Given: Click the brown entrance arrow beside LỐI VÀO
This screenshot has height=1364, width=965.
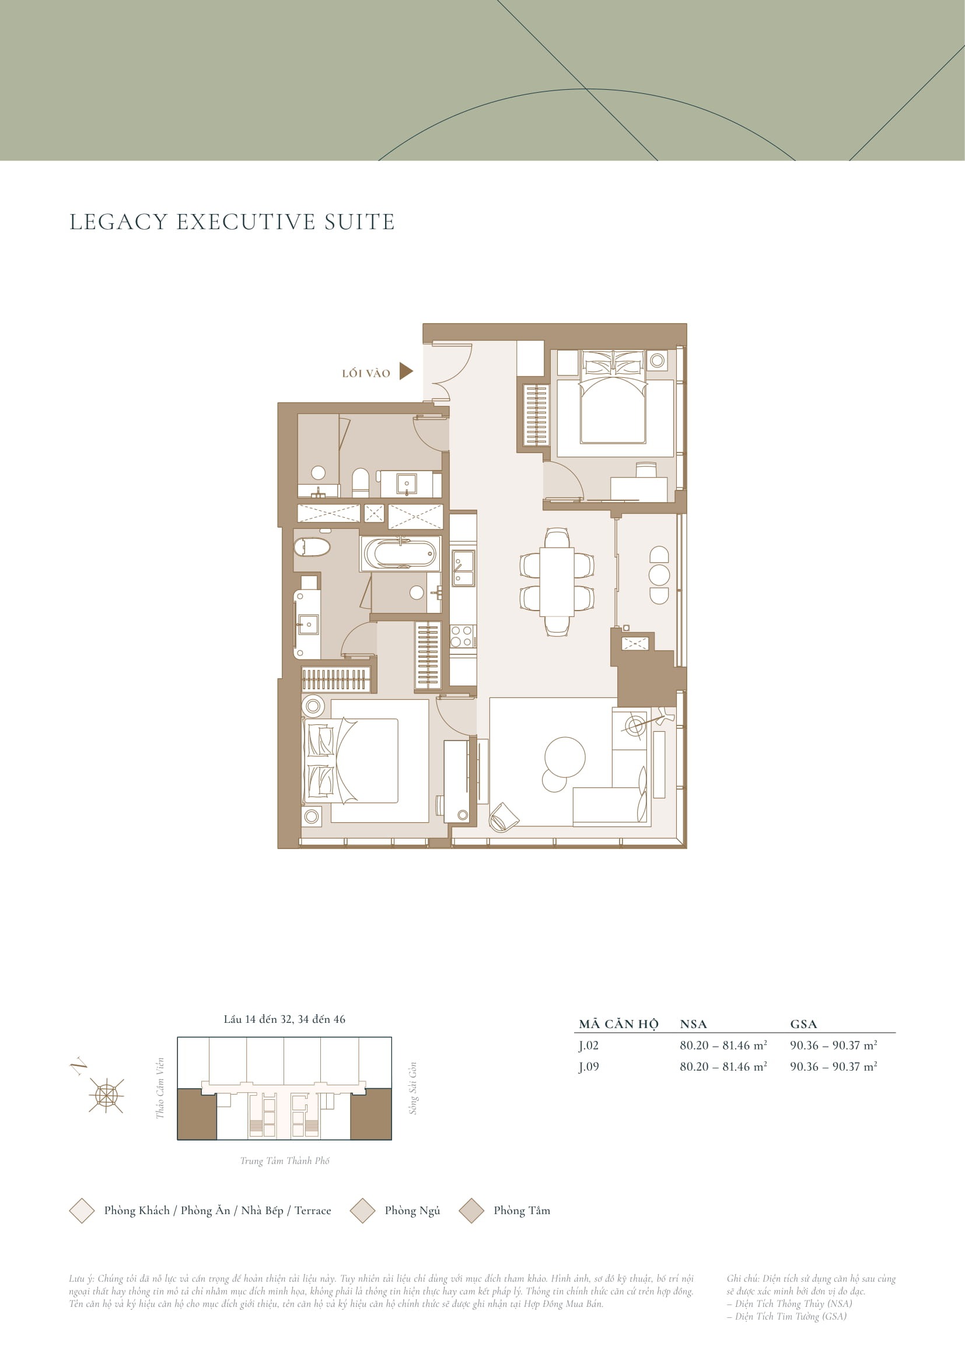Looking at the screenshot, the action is [x=405, y=371].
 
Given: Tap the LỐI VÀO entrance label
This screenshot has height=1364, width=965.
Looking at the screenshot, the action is [x=366, y=373].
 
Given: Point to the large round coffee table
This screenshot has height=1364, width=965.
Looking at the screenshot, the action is [x=565, y=757].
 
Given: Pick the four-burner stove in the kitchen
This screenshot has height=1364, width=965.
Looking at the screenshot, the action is [x=462, y=636].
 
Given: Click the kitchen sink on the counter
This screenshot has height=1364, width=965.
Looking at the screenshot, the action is [x=462, y=568].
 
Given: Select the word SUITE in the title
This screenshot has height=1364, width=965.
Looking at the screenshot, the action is [x=359, y=222].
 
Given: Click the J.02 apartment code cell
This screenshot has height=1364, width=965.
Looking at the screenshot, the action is [x=589, y=1045].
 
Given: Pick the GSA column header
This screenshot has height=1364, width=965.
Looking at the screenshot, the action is [x=803, y=1023].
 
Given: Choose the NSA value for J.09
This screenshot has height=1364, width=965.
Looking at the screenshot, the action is [x=723, y=1067].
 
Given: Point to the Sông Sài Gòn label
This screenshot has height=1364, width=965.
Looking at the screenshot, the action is [x=413, y=1088].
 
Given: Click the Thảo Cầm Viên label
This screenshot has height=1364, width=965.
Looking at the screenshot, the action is [x=159, y=1088].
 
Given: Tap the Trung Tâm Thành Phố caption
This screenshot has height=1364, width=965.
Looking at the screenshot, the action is [x=285, y=1161].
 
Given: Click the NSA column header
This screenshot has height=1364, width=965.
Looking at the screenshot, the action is [x=694, y=1023].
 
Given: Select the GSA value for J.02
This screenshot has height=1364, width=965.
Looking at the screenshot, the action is [x=834, y=1045].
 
